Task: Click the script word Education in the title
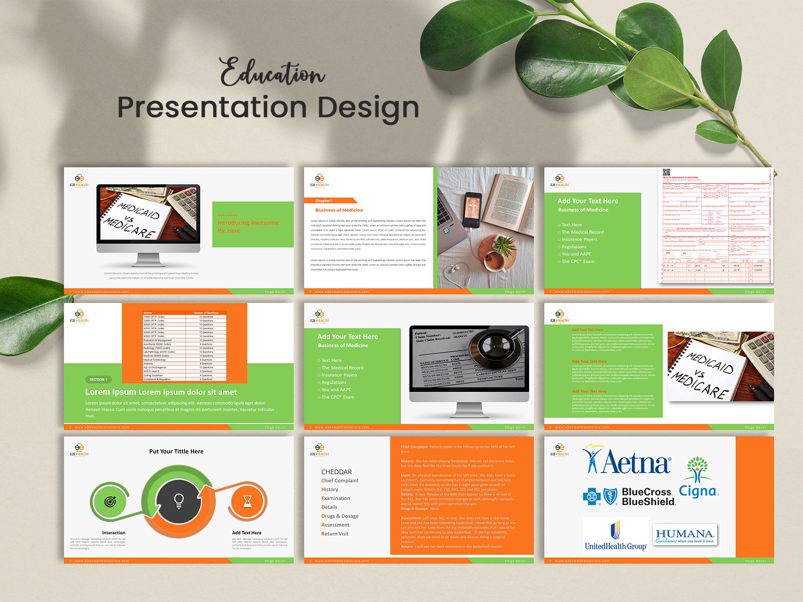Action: tap(273, 73)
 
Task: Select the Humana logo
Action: tap(685, 535)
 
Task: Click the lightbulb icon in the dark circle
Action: tap(179, 501)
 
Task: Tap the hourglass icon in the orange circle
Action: tap(247, 501)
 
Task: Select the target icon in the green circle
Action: tap(110, 501)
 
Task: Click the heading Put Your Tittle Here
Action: tap(176, 452)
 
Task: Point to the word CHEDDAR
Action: tap(336, 472)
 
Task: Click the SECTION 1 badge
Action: tap(98, 380)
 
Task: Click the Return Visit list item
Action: tap(335, 534)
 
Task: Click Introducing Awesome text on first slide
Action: tap(247, 223)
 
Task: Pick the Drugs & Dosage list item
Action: tap(340, 516)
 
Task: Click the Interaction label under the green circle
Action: tap(114, 533)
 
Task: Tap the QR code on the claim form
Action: tap(666, 172)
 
